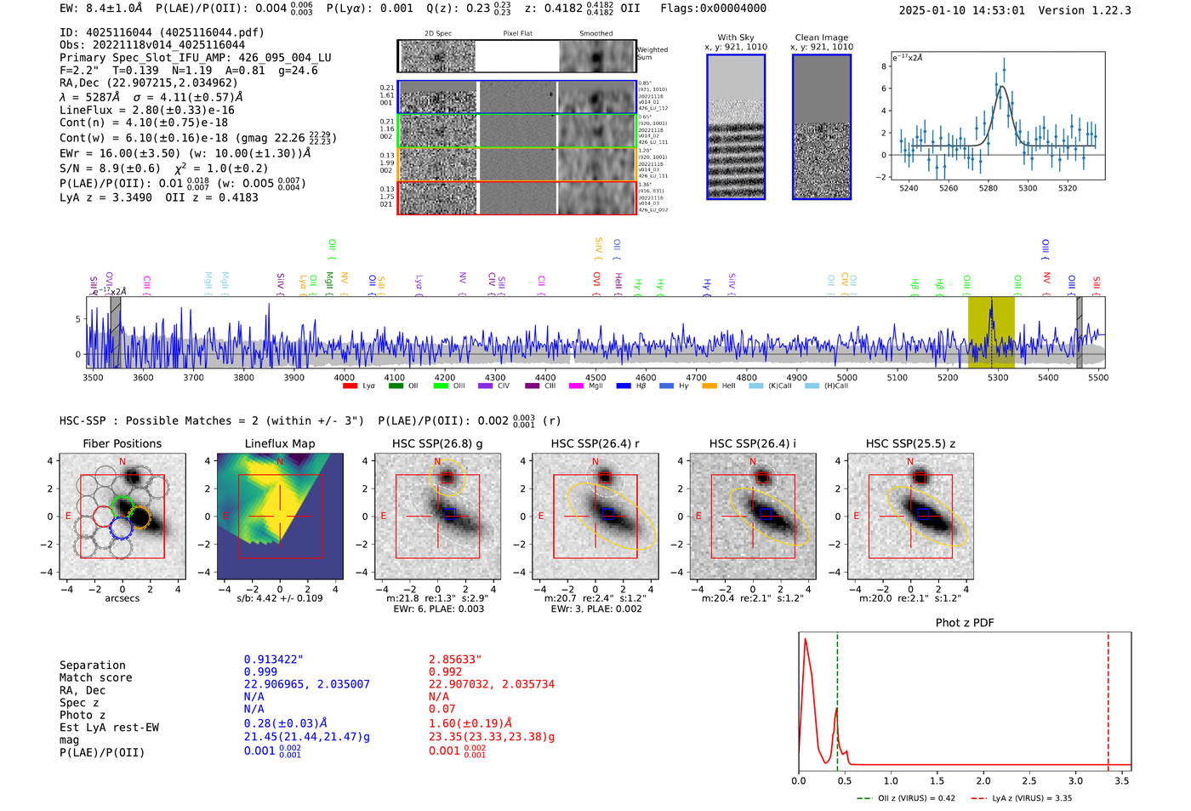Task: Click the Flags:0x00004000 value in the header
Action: coord(713,9)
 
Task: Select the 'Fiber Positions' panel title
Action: coord(122,443)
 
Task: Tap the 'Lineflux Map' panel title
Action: coord(280,443)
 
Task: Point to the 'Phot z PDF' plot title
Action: coord(965,622)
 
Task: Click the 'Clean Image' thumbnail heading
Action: coord(822,37)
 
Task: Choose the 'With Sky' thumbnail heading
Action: coord(736,37)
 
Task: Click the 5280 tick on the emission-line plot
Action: coord(988,188)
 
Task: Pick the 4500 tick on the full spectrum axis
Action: coord(595,377)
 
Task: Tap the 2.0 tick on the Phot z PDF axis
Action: coord(983,780)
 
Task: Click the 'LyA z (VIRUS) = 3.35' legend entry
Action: coord(1029,798)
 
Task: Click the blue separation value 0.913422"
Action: coord(274,660)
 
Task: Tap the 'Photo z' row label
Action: coord(81,715)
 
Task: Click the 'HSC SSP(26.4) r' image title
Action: coord(595,443)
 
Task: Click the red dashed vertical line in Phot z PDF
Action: coord(1108,698)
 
